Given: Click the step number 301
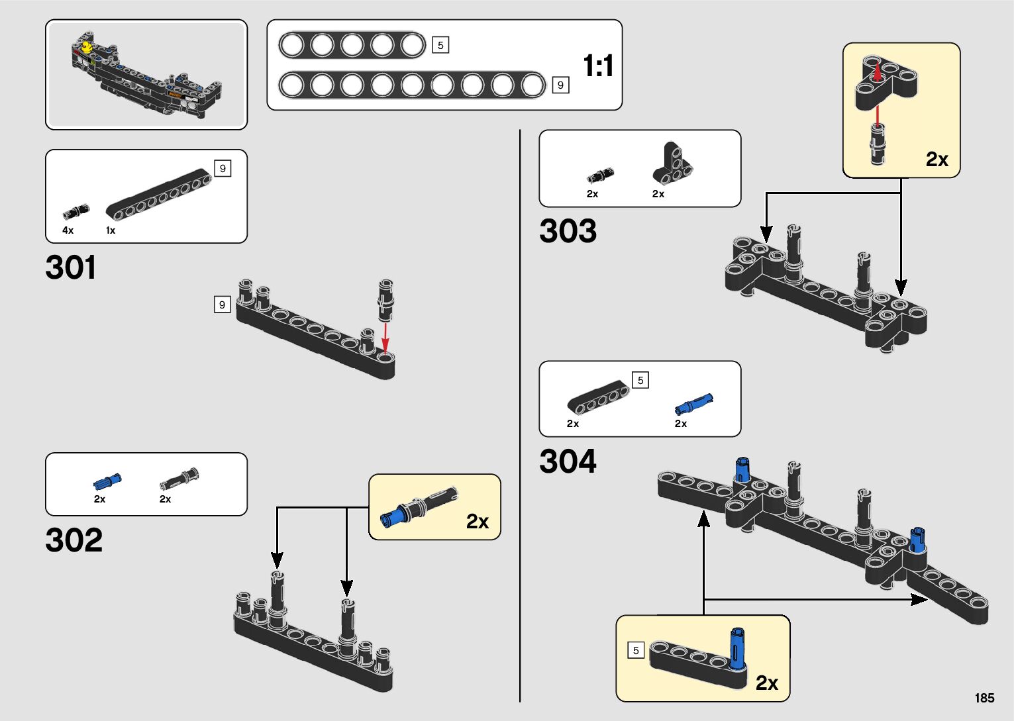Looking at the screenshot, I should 71,267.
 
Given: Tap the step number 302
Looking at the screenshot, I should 74,540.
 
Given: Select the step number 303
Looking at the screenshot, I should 568,231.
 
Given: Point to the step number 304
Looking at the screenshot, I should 568,461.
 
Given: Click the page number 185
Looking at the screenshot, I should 984,698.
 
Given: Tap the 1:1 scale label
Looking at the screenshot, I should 598,66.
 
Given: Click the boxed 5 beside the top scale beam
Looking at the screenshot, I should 440,45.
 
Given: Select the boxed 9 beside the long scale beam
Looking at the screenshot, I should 560,85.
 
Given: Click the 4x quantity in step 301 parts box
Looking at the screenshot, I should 68,230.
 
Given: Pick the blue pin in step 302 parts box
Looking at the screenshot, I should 107,481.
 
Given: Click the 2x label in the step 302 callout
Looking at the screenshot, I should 477,522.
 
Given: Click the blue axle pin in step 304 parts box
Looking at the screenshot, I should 693,403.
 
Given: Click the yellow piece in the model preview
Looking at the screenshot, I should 86,48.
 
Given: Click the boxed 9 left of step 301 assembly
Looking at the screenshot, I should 223,305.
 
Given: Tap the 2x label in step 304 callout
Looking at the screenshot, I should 766,683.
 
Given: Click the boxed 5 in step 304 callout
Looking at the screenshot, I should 636,650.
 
